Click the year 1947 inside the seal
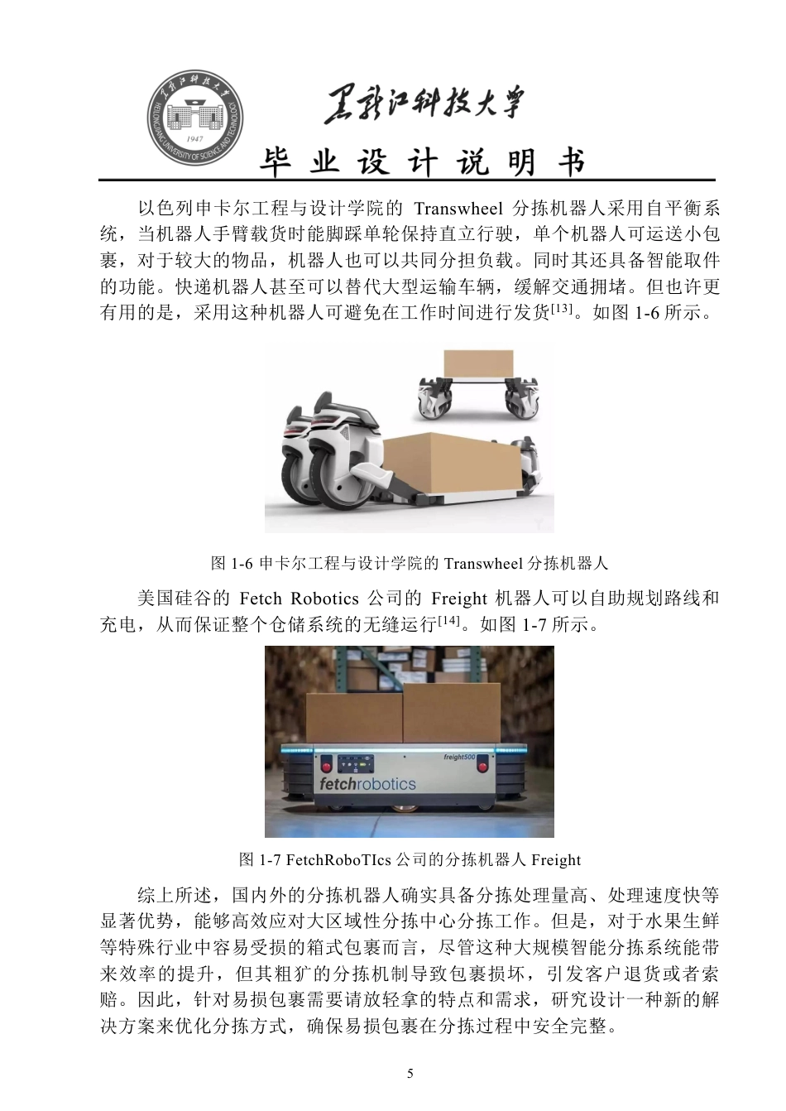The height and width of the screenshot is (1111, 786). [196, 138]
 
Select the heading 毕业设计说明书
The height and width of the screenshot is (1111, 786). [423, 162]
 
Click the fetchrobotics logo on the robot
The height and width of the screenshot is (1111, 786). [367, 783]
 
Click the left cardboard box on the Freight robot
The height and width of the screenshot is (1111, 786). [355, 718]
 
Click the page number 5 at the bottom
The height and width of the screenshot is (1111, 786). [410, 1074]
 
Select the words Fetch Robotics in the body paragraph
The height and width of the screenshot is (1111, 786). [299, 598]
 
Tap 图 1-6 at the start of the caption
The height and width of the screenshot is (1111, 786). [231, 564]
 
